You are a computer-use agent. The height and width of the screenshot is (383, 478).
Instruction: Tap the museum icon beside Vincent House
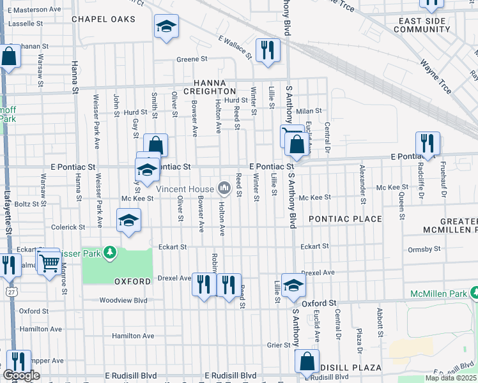(224, 188)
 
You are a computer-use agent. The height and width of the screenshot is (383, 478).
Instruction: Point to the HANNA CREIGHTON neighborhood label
(211, 87)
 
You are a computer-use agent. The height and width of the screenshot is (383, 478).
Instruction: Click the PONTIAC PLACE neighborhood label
(345, 219)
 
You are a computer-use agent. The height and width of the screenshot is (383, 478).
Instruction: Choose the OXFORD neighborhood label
(133, 281)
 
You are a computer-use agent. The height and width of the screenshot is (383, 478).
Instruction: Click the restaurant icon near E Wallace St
(266, 50)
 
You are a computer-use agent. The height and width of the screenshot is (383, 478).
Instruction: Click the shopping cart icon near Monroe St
(49, 262)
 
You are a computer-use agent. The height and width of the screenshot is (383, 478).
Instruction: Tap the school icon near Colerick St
(129, 221)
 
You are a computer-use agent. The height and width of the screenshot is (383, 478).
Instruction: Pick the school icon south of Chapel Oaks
(166, 26)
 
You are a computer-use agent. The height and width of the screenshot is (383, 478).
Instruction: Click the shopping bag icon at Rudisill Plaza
(307, 361)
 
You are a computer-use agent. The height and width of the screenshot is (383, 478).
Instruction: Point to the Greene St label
(192, 59)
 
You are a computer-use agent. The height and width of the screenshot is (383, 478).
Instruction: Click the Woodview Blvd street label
(123, 300)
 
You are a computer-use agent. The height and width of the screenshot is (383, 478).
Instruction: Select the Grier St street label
(279, 345)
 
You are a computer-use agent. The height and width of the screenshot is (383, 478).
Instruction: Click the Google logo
(22, 376)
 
